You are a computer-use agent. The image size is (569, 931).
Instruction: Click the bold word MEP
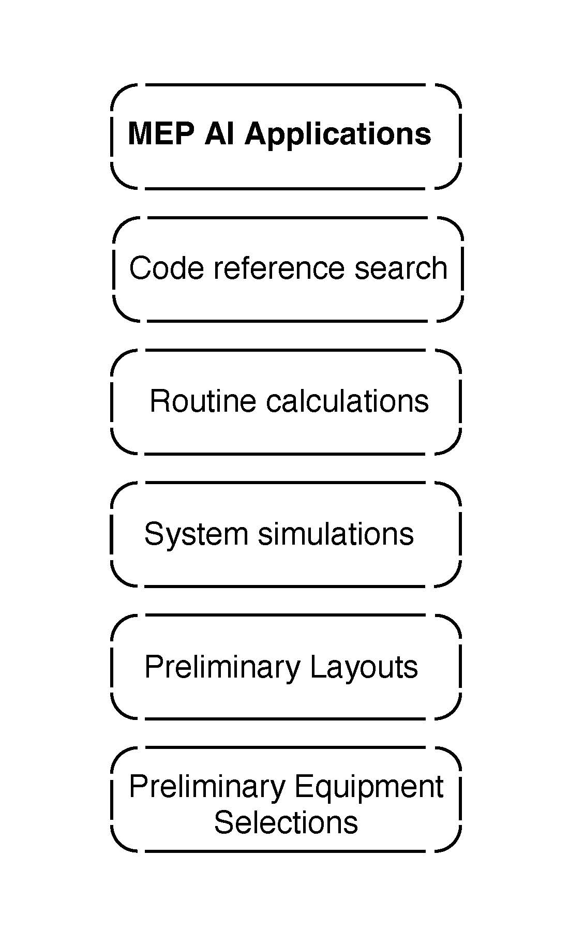click(161, 134)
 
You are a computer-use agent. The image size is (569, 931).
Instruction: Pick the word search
click(401, 268)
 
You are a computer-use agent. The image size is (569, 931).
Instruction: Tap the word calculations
click(347, 401)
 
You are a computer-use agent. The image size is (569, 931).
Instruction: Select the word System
click(196, 534)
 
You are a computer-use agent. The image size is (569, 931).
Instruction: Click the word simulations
click(336, 534)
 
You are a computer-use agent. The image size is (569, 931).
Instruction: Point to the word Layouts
click(364, 667)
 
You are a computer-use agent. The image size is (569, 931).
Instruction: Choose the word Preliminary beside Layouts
click(222, 667)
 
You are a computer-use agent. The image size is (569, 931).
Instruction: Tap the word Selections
click(286, 822)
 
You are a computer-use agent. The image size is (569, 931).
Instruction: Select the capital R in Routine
click(158, 401)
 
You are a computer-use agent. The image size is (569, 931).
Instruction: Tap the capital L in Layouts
click(317, 667)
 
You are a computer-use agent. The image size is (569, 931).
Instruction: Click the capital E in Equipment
click(302, 787)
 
